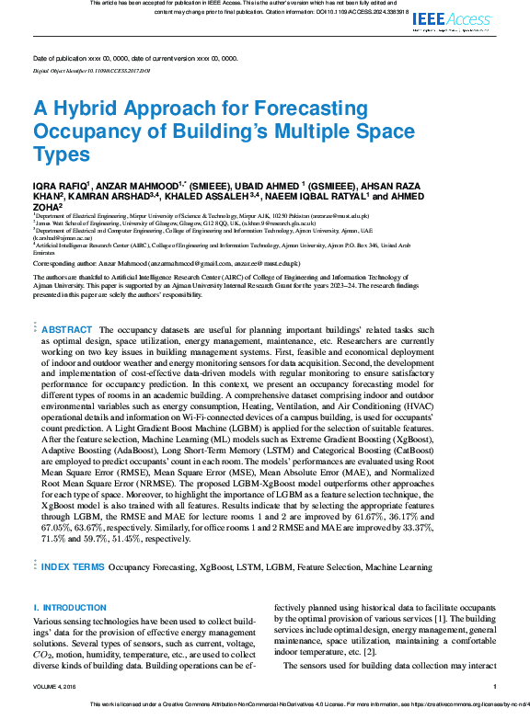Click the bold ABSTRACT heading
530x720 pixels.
pos(67,330)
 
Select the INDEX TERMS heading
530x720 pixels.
pos(73,567)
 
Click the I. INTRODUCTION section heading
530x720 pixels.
pos(70,609)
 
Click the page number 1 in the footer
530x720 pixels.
pos(495,686)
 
